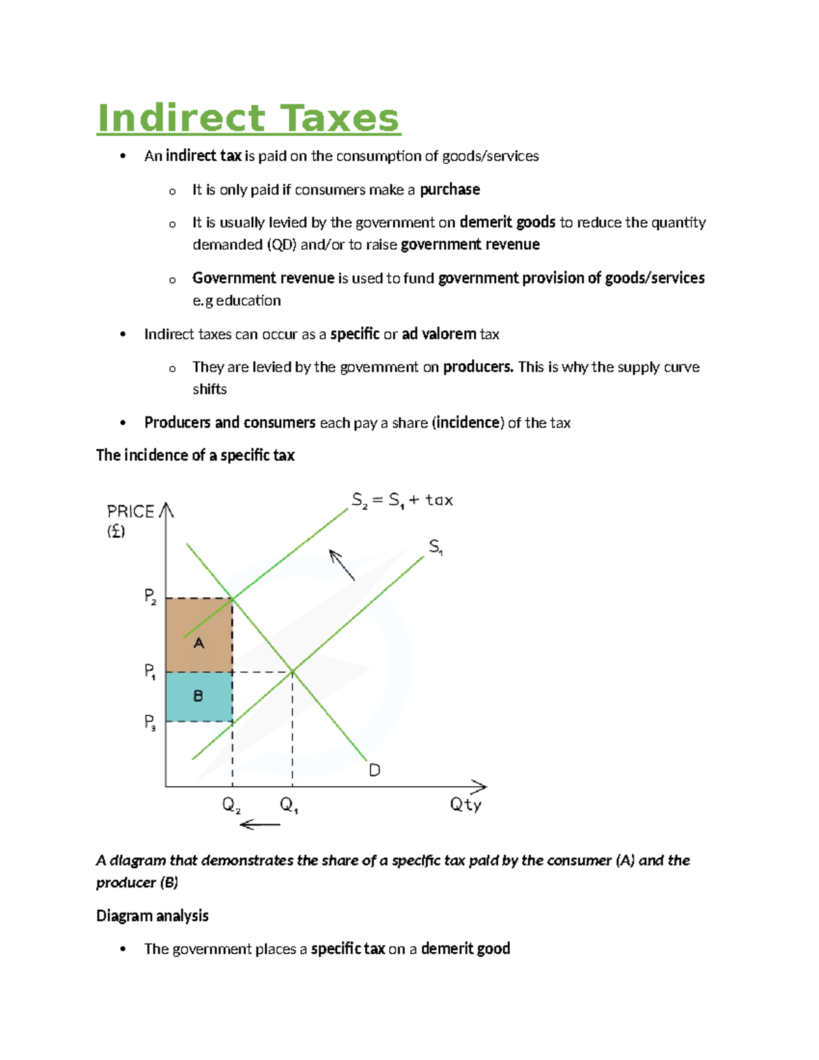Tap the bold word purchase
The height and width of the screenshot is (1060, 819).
click(449, 190)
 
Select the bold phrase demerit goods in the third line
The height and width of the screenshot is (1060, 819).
click(507, 223)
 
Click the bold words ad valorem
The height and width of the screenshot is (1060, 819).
click(439, 334)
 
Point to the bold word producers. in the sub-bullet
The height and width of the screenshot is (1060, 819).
click(478, 367)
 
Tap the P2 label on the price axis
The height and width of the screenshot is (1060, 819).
click(151, 597)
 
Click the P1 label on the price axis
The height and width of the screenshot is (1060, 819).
click(151, 672)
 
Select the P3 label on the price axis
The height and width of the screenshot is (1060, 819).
click(151, 722)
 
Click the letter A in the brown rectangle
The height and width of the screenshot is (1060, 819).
click(199, 643)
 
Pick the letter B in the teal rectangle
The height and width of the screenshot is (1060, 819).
click(198, 696)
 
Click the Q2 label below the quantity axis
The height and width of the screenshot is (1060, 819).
click(231, 805)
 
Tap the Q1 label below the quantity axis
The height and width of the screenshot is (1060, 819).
click(289, 805)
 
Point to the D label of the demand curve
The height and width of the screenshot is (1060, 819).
click(375, 771)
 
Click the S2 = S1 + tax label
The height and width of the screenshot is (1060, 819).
click(402, 500)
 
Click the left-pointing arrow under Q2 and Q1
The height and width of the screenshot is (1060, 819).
click(260, 825)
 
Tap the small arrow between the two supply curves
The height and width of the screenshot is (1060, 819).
click(342, 564)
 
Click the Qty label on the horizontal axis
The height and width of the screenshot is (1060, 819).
click(465, 805)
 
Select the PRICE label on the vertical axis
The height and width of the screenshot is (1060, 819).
click(130, 512)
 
